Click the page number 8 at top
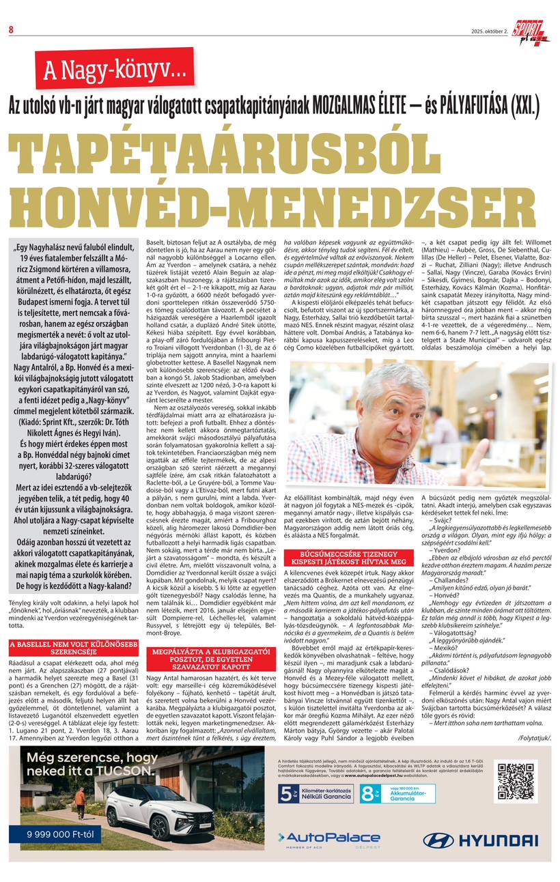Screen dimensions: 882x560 click(x=12, y=29)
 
